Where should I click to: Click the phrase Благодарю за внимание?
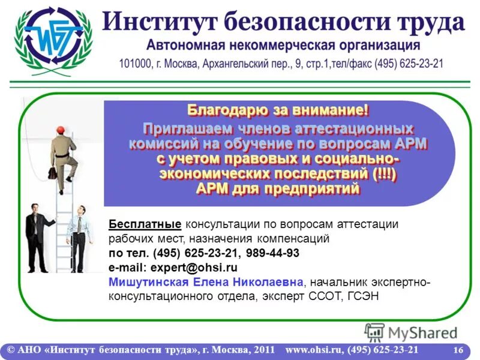pyautogui.click(x=278, y=110)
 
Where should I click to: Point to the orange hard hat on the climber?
pyautogui.click(x=59, y=130)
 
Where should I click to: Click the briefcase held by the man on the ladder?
pyautogui.click(x=52, y=173)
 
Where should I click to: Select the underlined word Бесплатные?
pyautogui.click(x=145, y=224)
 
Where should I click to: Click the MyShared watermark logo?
pyautogui.click(x=411, y=332)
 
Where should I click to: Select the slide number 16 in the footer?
pyautogui.click(x=458, y=350)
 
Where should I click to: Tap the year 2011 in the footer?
pyautogui.click(x=265, y=350)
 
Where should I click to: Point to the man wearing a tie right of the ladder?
pyautogui.click(x=79, y=238)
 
